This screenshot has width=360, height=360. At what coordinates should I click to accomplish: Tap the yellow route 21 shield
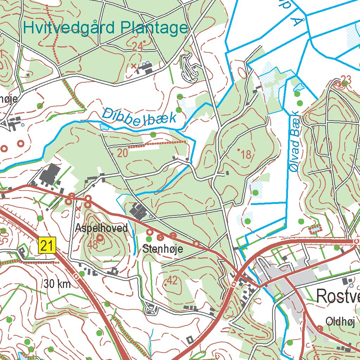tap(47, 245)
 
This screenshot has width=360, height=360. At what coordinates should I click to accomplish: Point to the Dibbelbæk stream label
tap(139, 117)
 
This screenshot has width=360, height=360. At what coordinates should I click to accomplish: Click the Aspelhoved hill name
tap(101, 228)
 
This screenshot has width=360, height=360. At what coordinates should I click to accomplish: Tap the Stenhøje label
tap(163, 249)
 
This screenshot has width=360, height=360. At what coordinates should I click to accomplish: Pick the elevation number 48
tap(93, 245)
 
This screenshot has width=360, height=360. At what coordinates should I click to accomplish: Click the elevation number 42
tap(172, 281)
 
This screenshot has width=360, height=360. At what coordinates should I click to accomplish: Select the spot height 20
tap(122, 153)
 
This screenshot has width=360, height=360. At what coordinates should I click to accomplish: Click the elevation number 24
tap(137, 46)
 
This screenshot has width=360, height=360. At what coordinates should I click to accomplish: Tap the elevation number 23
tap(346, 78)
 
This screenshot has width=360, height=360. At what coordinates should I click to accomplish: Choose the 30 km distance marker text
tap(57, 284)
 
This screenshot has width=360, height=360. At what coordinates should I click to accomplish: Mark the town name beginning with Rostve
tap(338, 296)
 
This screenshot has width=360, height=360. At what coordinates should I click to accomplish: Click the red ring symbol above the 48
tap(100, 238)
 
